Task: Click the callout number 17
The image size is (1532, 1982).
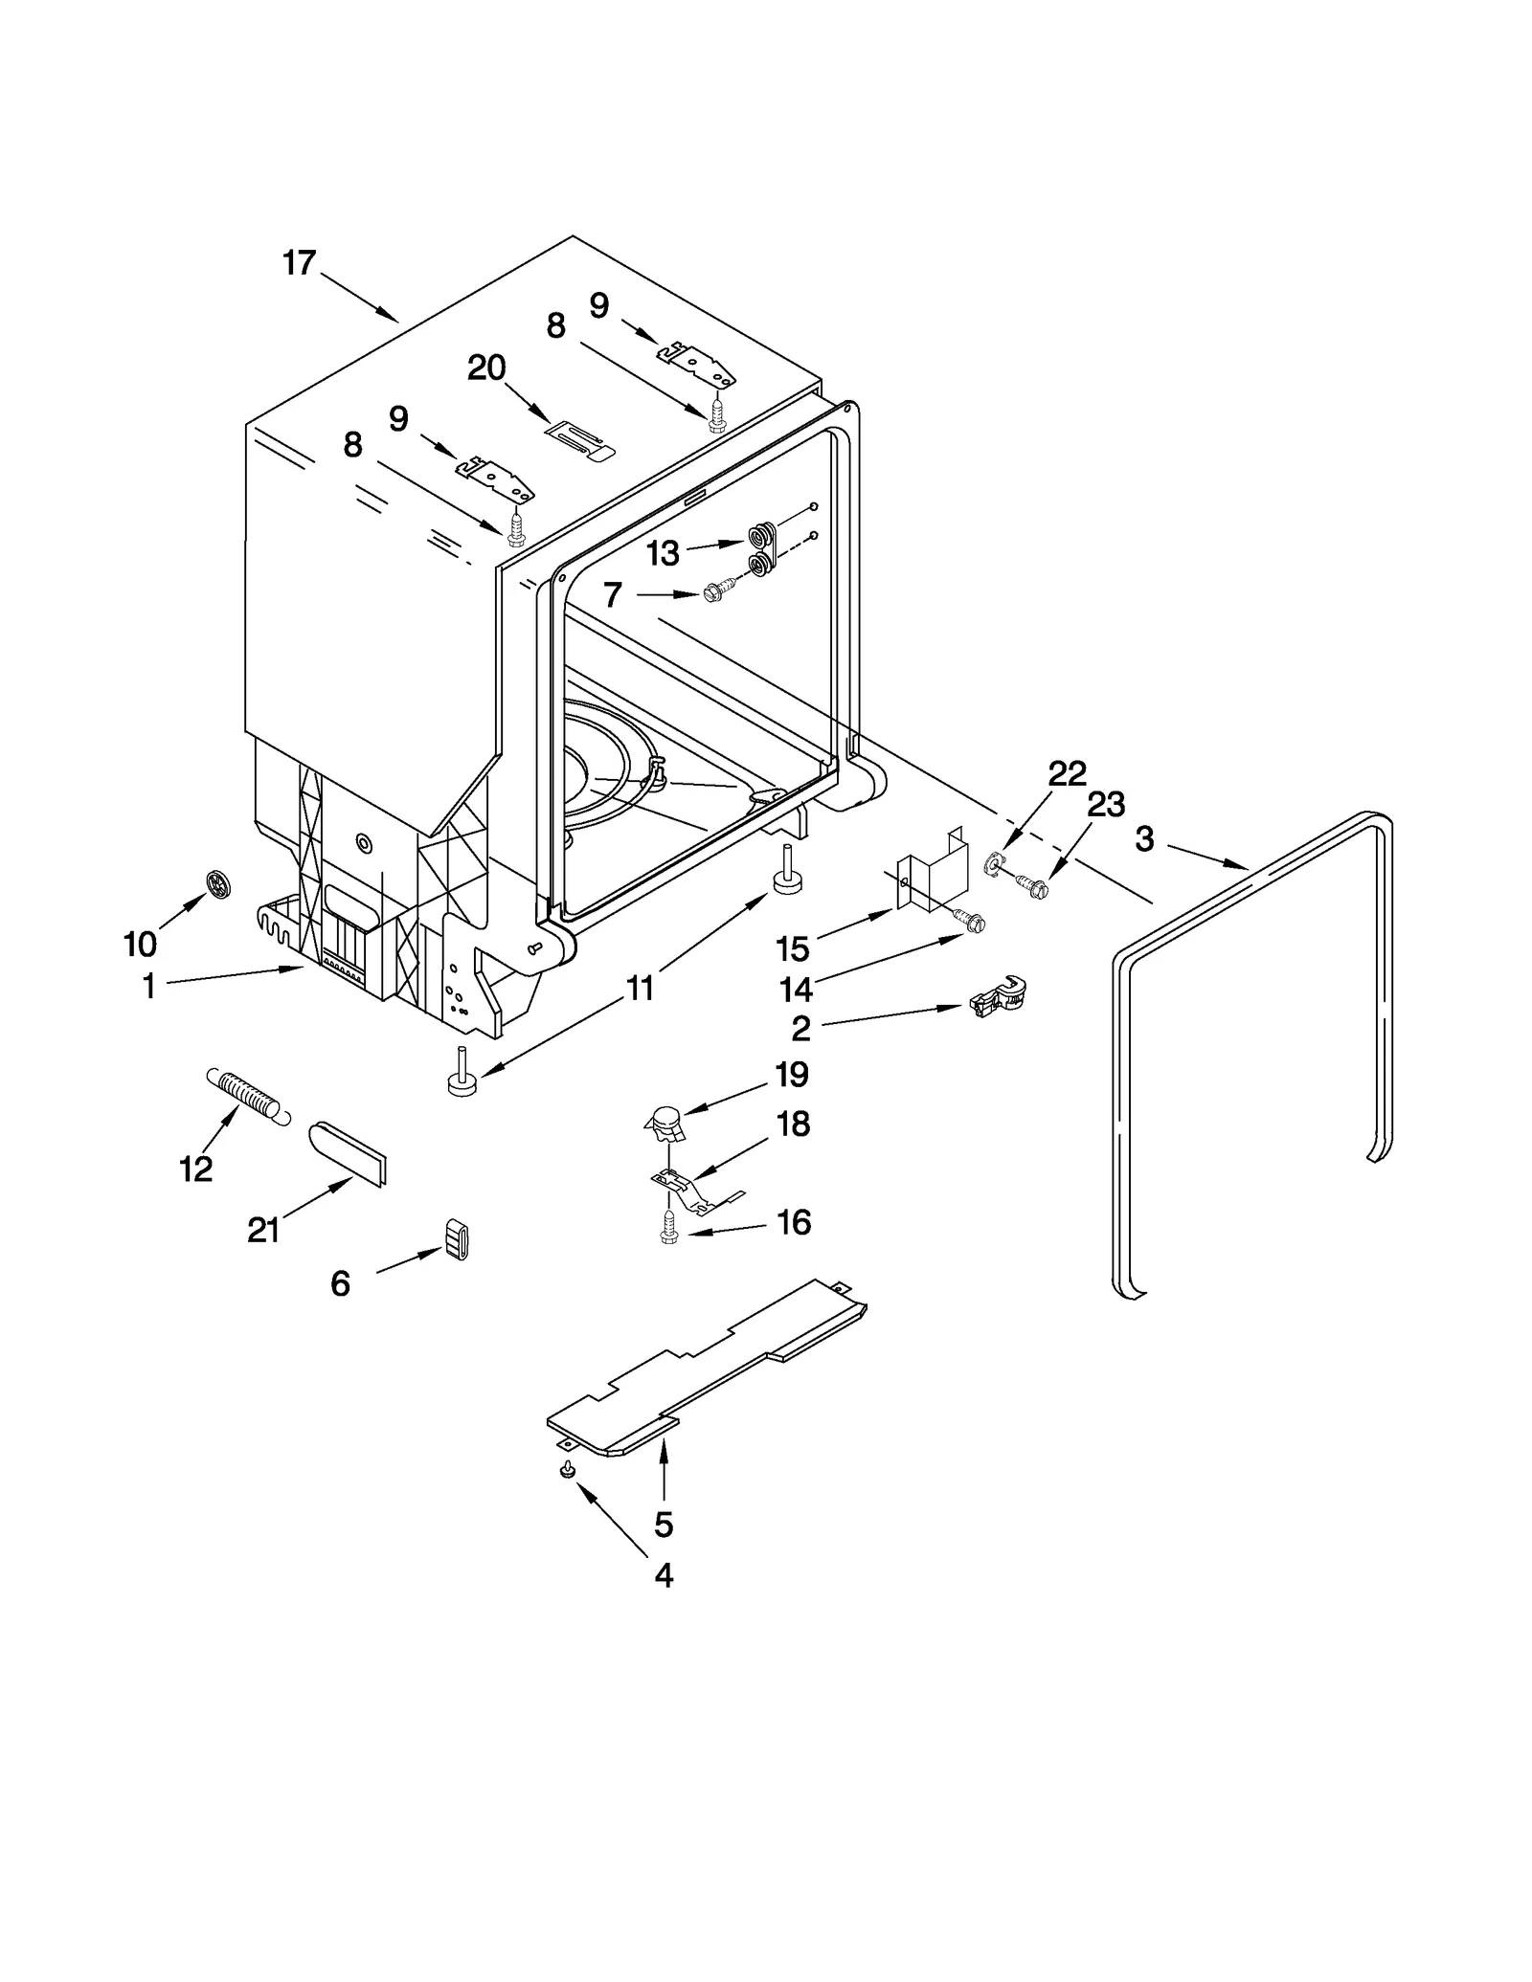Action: [x=299, y=262]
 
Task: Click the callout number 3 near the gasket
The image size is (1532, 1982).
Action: [x=1144, y=839]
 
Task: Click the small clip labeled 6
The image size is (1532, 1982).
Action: [x=457, y=1240]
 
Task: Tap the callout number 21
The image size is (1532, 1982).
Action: [x=263, y=1230]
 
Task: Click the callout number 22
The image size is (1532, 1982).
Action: [x=1067, y=772]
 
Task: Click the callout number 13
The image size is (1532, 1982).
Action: [x=662, y=553]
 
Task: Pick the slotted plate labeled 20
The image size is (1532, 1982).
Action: [x=579, y=441]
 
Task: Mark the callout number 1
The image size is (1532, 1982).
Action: [x=148, y=986]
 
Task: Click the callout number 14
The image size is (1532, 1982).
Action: [x=795, y=989]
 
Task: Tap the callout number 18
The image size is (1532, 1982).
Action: [x=793, y=1124]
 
